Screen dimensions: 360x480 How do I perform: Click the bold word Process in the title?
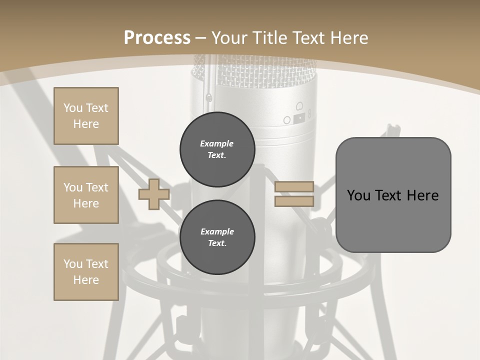157,38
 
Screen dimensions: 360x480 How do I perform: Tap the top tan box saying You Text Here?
86,116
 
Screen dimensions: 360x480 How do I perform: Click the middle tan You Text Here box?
86,195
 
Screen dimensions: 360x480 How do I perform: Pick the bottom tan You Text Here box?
86,272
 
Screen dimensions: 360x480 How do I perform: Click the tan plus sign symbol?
154,194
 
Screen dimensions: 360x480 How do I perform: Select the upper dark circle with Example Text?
217,149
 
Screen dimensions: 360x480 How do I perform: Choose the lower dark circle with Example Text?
217,237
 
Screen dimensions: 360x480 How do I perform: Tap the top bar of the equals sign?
294,187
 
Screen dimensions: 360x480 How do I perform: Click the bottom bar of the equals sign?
294,201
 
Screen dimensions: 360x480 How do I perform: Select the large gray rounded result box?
393,195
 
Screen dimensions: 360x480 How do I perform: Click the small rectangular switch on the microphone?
299,118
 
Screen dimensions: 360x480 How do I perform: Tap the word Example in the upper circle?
217,143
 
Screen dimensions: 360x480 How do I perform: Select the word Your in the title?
229,38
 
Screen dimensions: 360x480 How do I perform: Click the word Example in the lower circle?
217,231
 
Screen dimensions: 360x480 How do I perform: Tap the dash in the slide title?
200,38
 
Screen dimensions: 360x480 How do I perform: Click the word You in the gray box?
358,195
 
